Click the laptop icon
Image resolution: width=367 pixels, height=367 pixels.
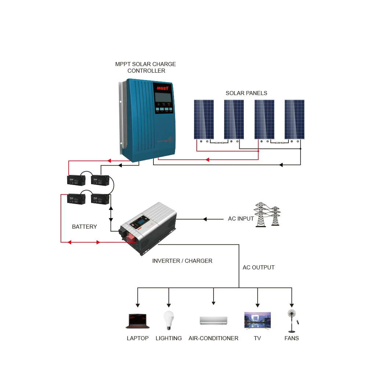point(138,321)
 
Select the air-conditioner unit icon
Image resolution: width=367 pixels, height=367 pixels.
point(213,320)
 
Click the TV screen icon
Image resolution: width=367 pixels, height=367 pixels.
point(257,320)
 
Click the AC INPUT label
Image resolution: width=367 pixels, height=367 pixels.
point(241,219)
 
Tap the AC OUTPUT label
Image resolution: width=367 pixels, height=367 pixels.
point(258,268)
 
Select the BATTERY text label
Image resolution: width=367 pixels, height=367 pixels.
point(84,227)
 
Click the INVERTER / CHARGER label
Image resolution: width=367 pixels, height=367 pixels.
point(182,261)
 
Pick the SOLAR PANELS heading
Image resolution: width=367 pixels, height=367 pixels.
point(246,93)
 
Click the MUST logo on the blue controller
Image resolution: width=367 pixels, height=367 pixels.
point(162,88)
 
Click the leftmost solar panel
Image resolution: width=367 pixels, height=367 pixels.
point(204,119)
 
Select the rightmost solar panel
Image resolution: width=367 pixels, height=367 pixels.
point(294,119)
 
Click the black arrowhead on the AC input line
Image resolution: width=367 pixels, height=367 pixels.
point(205,219)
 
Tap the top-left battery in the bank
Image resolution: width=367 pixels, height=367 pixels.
point(76,180)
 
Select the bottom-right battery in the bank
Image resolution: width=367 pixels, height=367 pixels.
point(100,199)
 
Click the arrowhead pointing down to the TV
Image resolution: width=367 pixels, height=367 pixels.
point(257,305)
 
